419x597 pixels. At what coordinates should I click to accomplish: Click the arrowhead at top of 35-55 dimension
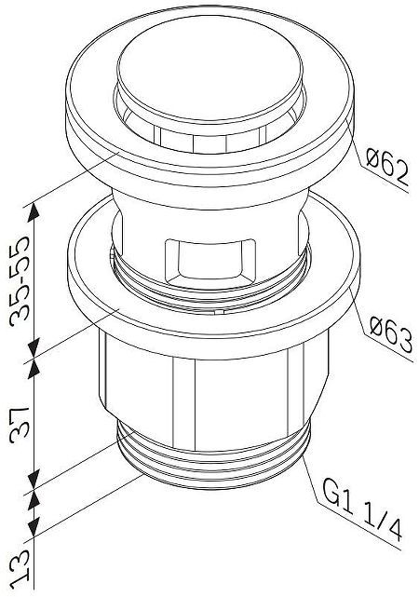point(35,208)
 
